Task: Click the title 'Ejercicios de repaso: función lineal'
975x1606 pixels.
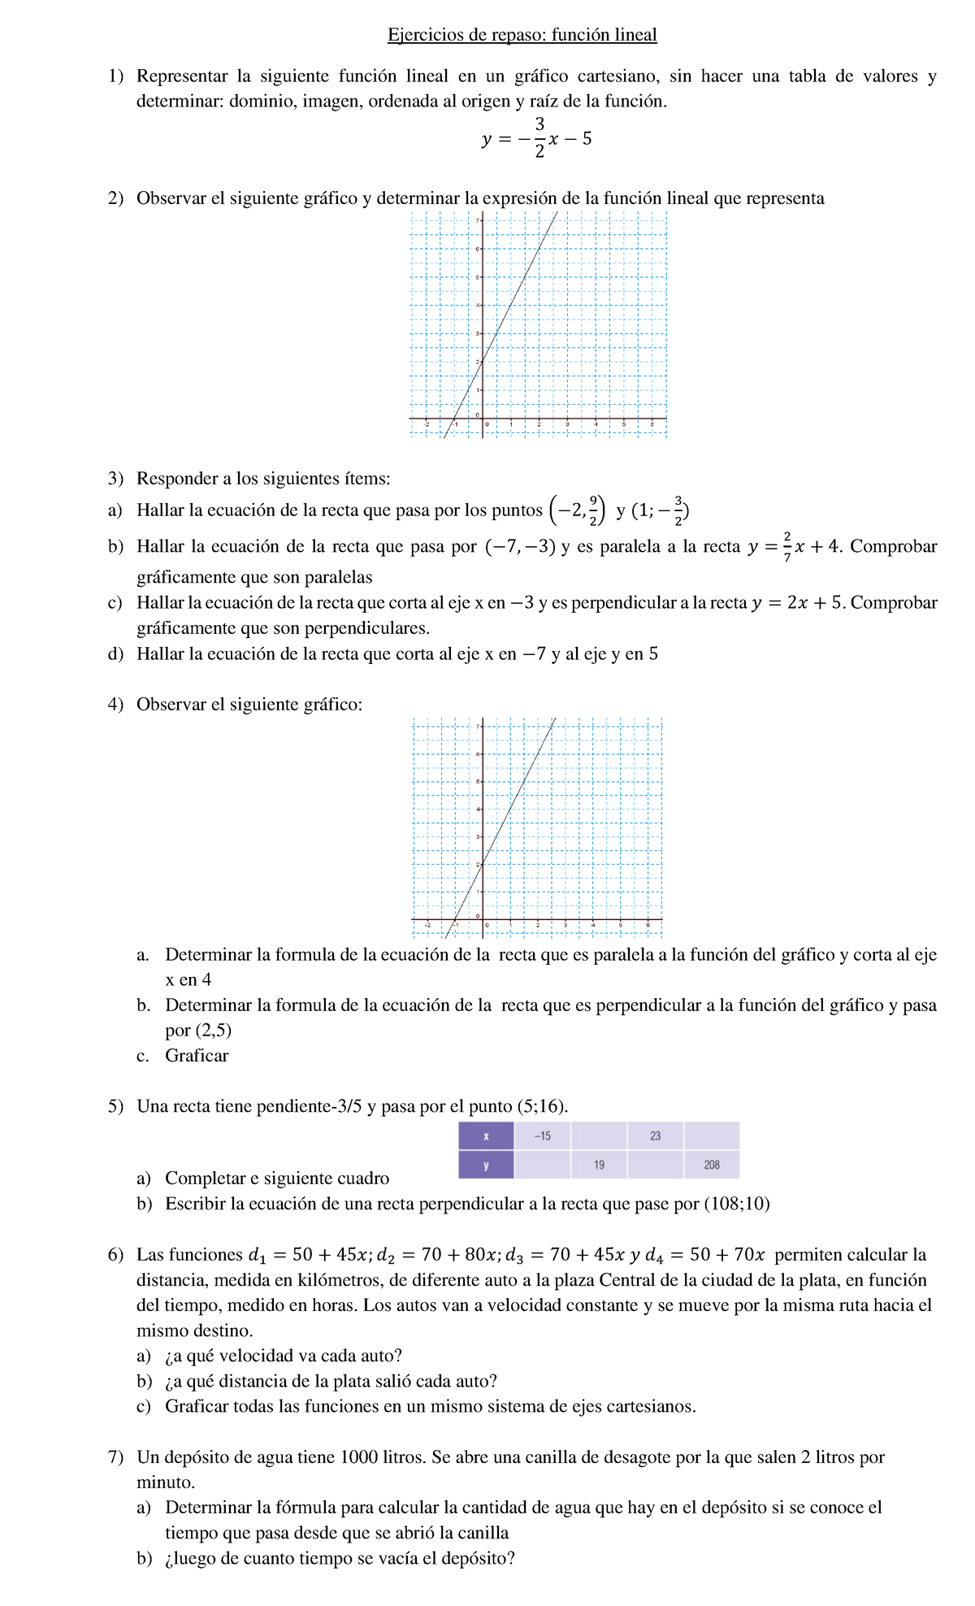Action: coord(522,35)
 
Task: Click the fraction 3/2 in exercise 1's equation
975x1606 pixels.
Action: coord(539,138)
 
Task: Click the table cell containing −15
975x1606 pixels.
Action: coord(542,1135)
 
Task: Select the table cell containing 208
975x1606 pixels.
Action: coord(712,1165)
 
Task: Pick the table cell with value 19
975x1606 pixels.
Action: coord(599,1165)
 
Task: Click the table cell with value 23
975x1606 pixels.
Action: coord(655,1135)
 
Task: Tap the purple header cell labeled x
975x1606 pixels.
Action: coord(486,1135)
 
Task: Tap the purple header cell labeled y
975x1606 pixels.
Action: coord(486,1165)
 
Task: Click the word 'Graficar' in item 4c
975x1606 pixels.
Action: coord(197,1056)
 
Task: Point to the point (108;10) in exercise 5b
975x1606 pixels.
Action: coord(736,1204)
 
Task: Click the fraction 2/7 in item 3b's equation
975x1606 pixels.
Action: coord(786,547)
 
